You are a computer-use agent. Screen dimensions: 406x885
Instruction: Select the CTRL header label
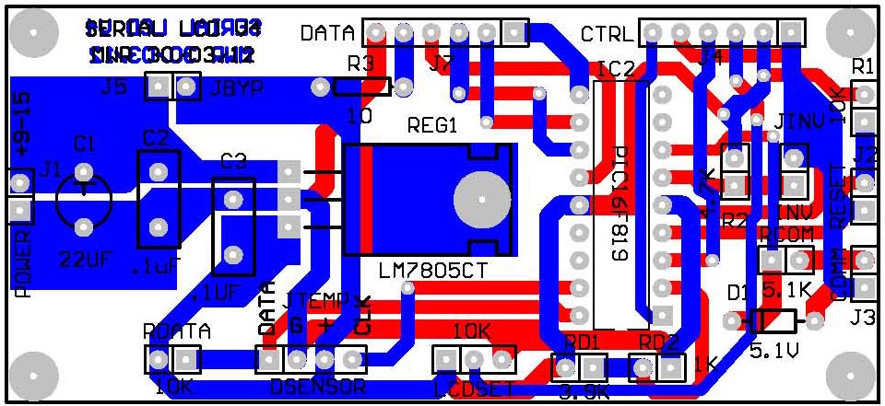click(x=607, y=35)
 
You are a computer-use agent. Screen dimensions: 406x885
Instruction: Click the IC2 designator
click(x=615, y=70)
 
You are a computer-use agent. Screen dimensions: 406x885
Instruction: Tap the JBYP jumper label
click(x=237, y=88)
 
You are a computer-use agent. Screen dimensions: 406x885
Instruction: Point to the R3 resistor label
click(x=360, y=64)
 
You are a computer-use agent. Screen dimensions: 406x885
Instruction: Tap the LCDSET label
click(x=472, y=387)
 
